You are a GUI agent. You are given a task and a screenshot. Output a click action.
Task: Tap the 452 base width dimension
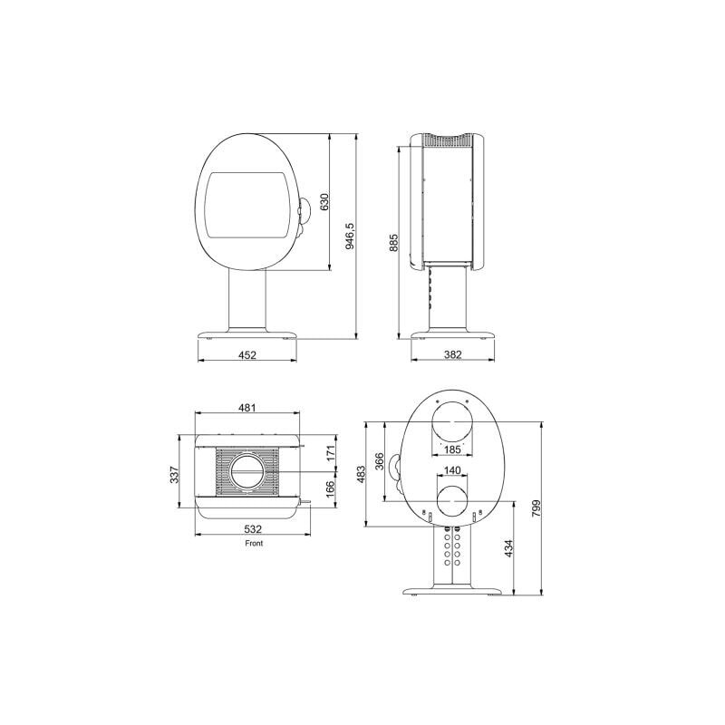(247, 355)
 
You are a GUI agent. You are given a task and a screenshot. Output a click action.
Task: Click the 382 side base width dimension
(453, 355)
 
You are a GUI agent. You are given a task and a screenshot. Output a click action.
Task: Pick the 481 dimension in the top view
(246, 409)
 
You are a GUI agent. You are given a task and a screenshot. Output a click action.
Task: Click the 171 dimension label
(332, 451)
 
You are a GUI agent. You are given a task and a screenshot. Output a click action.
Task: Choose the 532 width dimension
(253, 530)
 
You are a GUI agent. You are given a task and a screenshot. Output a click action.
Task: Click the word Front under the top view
(254, 544)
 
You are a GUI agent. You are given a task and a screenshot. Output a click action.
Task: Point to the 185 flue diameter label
(453, 449)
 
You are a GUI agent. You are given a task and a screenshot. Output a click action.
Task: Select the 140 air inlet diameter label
(453, 471)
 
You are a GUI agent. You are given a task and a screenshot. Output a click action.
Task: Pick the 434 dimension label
(509, 549)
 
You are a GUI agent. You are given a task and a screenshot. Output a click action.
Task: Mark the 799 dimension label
(536, 507)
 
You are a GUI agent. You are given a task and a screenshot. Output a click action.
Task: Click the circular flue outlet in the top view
(246, 473)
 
